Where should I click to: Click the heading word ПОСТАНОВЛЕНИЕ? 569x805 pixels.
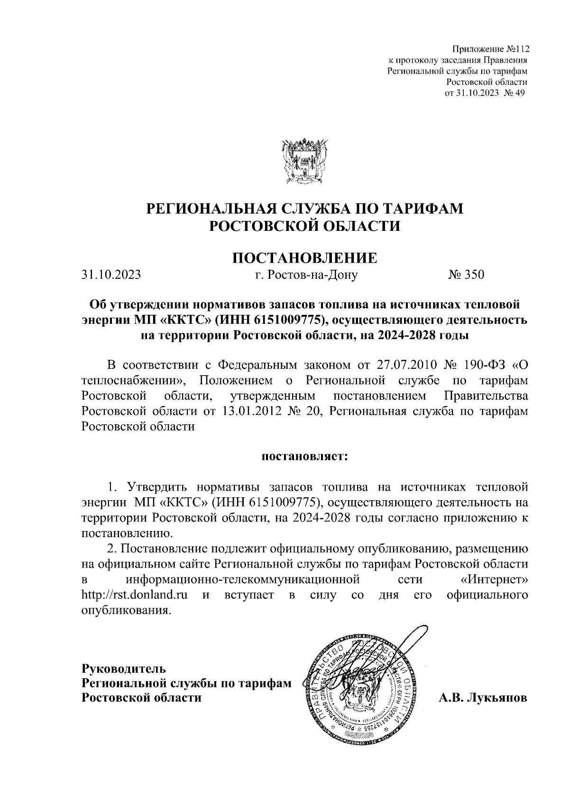point(304,258)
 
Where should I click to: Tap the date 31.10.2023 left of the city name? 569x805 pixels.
point(111,275)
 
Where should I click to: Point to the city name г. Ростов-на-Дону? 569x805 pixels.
point(306,275)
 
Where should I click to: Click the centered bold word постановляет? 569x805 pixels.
point(304,457)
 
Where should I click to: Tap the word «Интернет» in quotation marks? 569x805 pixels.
point(494,579)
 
